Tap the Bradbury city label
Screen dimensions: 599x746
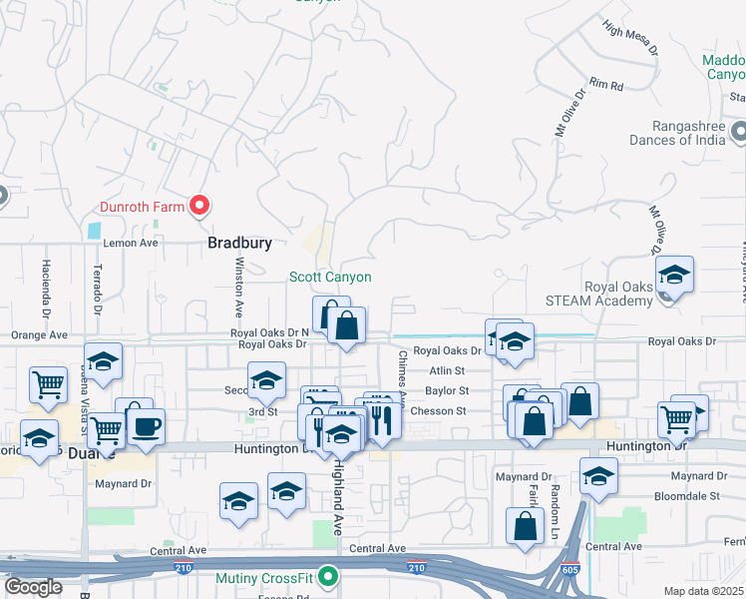[x=239, y=243]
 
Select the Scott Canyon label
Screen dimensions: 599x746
[x=330, y=278]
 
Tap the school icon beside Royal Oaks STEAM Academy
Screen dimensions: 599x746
[x=674, y=277]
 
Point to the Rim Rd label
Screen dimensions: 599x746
[x=605, y=86]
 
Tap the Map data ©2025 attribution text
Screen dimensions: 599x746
[x=704, y=590]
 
